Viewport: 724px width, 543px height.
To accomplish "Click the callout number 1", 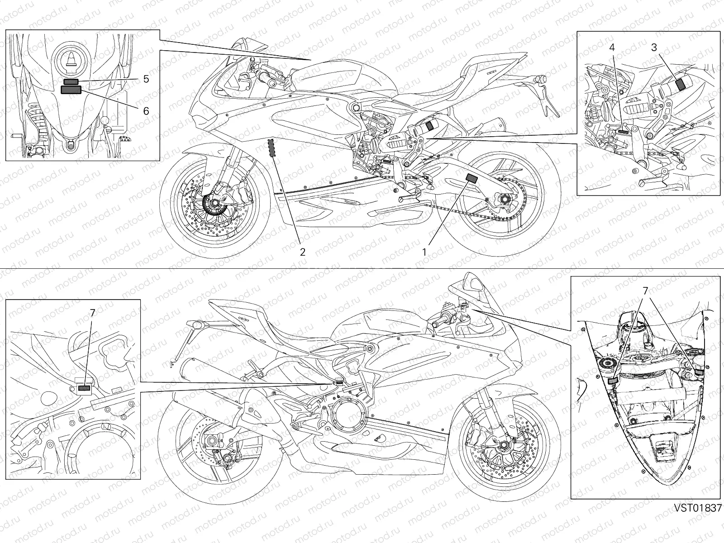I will (x=424, y=252).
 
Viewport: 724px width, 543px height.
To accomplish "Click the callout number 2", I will (x=303, y=252).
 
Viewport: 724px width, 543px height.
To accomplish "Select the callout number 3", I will (x=654, y=47).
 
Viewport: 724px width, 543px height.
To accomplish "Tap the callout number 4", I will (x=611, y=47).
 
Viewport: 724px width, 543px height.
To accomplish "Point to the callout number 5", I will (x=146, y=79).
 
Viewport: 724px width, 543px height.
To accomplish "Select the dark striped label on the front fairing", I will (x=272, y=148).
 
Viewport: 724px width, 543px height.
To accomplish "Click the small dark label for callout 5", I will (x=71, y=81).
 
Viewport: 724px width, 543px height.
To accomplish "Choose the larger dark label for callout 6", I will (x=71, y=90).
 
